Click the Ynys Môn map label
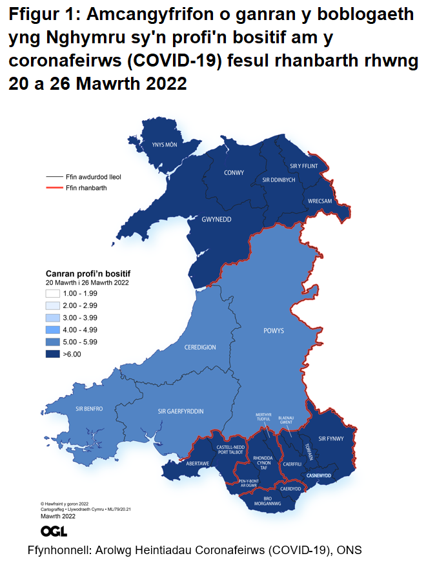point(163,145)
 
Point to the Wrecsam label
point(319,201)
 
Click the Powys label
point(274,331)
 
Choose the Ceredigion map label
point(200,347)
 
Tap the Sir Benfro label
point(89,409)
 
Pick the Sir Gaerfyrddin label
point(181,411)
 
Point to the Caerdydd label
point(290,489)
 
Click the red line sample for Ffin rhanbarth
point(54,188)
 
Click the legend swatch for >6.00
point(53,354)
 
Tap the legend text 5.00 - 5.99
point(81,342)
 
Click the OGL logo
point(54,531)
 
